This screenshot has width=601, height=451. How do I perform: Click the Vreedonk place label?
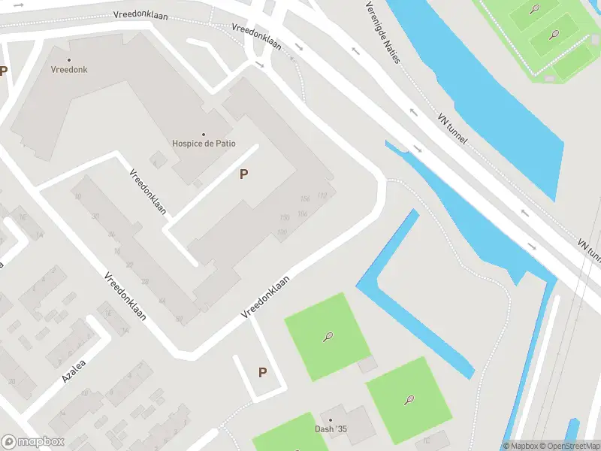(x=69, y=69)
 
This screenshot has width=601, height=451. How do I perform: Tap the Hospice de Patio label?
(x=199, y=144)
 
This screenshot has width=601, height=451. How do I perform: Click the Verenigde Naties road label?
(x=382, y=32)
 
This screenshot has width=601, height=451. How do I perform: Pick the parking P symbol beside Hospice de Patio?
(x=243, y=174)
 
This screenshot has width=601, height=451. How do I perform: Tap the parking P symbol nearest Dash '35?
(x=262, y=372)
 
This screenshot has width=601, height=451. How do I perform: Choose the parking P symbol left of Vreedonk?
(x=4, y=71)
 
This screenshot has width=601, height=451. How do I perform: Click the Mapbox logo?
(x=32, y=441)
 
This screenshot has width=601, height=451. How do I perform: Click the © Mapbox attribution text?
(x=523, y=446)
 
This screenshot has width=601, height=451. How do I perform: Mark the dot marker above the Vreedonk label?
(x=69, y=59)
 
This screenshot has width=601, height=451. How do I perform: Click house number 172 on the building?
(x=322, y=196)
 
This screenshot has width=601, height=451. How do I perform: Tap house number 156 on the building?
(x=304, y=198)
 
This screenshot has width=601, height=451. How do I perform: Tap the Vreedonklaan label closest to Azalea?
(x=125, y=295)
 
